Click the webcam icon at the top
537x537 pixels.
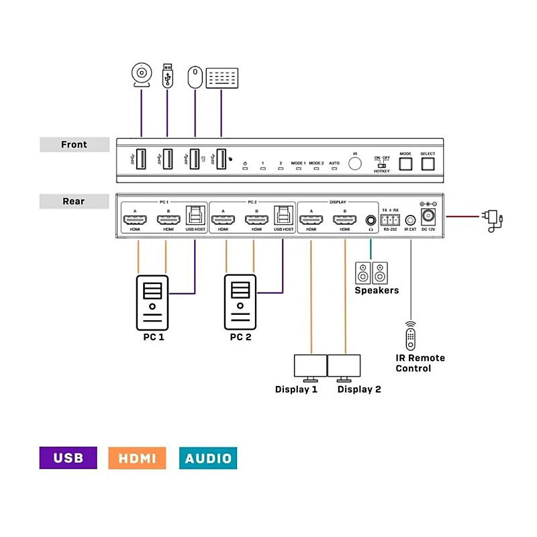tap(141, 75)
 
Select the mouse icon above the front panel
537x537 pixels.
tap(195, 77)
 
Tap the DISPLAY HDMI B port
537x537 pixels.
tap(345, 219)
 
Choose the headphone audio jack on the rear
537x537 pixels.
tap(371, 219)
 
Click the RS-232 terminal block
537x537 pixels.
tap(391, 219)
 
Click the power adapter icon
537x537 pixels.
tap(492, 219)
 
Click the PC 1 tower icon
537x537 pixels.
tap(152, 301)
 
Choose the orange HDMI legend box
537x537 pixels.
tap(136, 458)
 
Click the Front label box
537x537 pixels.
tap(74, 144)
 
